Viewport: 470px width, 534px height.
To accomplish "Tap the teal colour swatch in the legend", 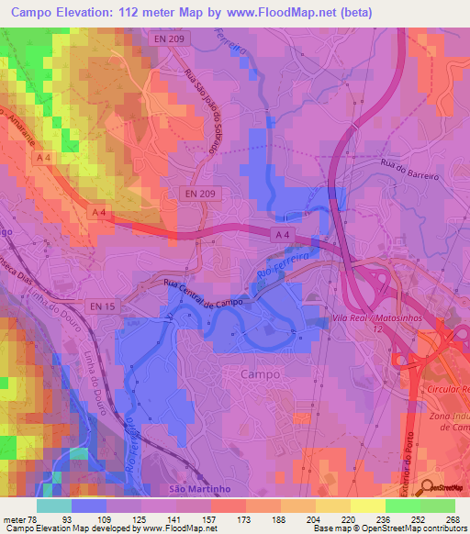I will (x=54, y=506).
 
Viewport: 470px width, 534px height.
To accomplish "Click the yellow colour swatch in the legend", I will (x=367, y=506).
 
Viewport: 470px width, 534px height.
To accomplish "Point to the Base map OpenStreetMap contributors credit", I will (x=389, y=528).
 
